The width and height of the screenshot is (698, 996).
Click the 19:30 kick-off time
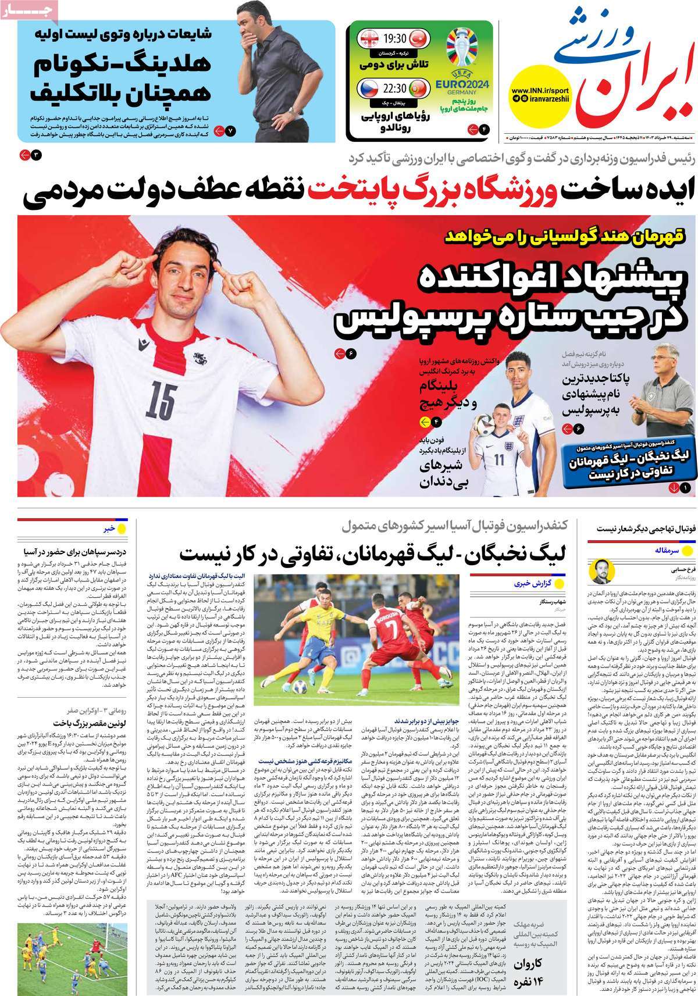393,40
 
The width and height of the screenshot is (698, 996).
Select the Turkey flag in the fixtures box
419,40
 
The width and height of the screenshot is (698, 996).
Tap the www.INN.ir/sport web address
541,91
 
